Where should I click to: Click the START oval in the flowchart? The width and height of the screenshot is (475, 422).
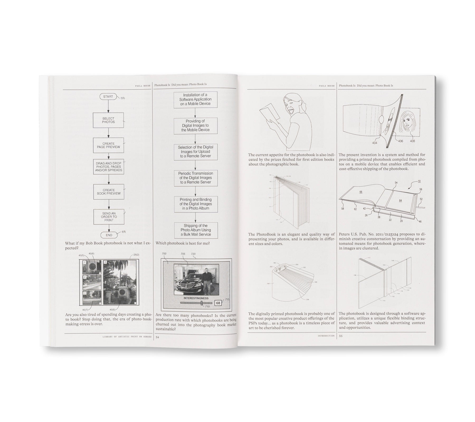click(x=108, y=97)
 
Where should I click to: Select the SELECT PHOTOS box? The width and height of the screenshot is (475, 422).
click(x=108, y=120)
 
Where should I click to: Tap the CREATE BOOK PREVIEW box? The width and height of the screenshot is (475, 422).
click(x=108, y=192)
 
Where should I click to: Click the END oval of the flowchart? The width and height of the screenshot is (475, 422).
click(x=109, y=235)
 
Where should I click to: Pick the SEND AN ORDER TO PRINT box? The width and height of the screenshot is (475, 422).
click(x=108, y=217)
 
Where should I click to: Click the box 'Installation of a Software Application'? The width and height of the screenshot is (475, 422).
click(x=195, y=99)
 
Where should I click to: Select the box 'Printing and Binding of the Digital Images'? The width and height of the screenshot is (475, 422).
click(x=196, y=204)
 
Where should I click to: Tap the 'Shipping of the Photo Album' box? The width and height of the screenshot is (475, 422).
click(x=196, y=230)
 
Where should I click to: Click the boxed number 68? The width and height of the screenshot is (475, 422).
click(x=218, y=303)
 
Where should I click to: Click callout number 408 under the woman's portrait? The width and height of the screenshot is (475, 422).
click(x=412, y=141)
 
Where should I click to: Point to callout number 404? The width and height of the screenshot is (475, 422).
click(x=374, y=143)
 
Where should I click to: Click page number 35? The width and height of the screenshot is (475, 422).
click(x=341, y=336)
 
